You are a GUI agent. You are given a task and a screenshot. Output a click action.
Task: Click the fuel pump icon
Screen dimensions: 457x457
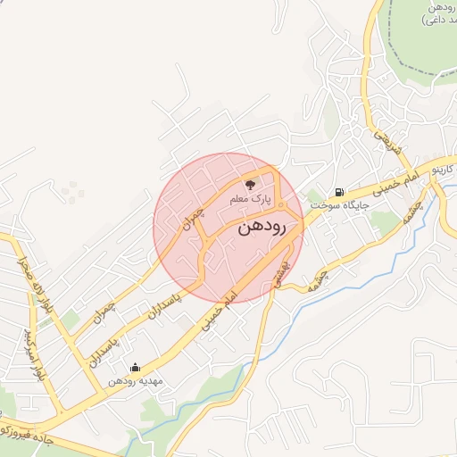pyautogui.click(x=339, y=191)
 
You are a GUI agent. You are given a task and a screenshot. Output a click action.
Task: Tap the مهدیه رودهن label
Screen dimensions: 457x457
pyautogui.click(x=134, y=380)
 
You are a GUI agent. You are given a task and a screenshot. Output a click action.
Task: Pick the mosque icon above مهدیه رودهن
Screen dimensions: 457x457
pyautogui.click(x=135, y=366)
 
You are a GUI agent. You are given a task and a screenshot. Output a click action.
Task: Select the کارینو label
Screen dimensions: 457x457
pyautogui.click(x=444, y=167)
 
